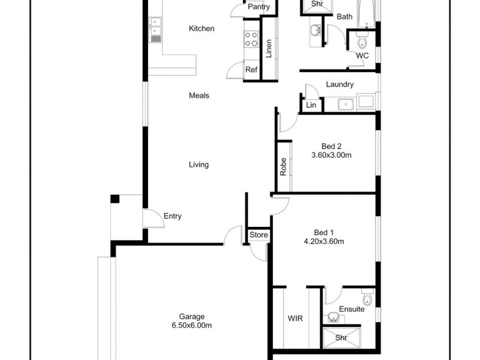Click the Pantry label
click(259, 7)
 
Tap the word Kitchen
click(201, 28)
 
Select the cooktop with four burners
click(250, 40)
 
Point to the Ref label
click(251, 70)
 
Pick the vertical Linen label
click(269, 48)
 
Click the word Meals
click(199, 95)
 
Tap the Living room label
click(199, 164)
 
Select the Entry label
click(172, 216)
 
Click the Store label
click(259, 235)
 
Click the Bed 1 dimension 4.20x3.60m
click(323, 242)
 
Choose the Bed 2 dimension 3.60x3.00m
click(331, 155)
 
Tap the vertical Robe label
click(283, 166)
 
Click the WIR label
click(295, 319)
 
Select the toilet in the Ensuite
click(368, 298)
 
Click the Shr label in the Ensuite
click(341, 338)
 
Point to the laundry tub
click(345, 105)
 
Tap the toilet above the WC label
click(362, 42)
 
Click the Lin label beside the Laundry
click(311, 105)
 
